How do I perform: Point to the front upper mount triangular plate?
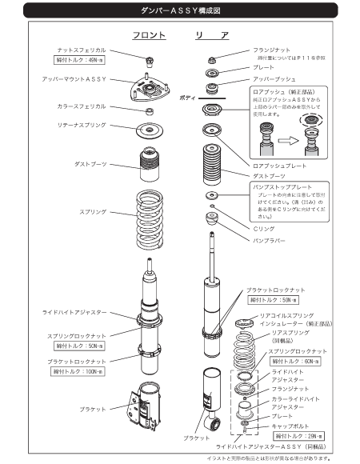click(148, 90)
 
